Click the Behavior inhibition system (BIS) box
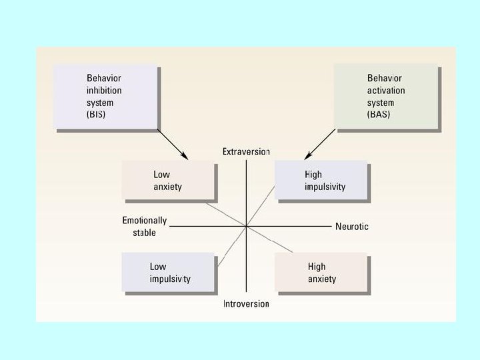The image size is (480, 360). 106,96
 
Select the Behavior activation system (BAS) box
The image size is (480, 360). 386,96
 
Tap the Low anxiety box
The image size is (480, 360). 169,181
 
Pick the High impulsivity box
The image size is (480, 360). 321,181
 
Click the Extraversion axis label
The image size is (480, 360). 246,152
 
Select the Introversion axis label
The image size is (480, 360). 246,304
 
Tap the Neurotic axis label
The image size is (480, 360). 351,227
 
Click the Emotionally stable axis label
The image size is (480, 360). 145,227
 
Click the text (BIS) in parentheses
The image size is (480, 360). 96,114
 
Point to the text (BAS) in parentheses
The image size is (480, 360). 377,114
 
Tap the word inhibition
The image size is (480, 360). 105,91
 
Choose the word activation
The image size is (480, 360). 386,91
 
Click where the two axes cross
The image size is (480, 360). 247,227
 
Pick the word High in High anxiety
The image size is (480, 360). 317,267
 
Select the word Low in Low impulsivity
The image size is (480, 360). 158,267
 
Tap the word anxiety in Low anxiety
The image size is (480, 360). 167,187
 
